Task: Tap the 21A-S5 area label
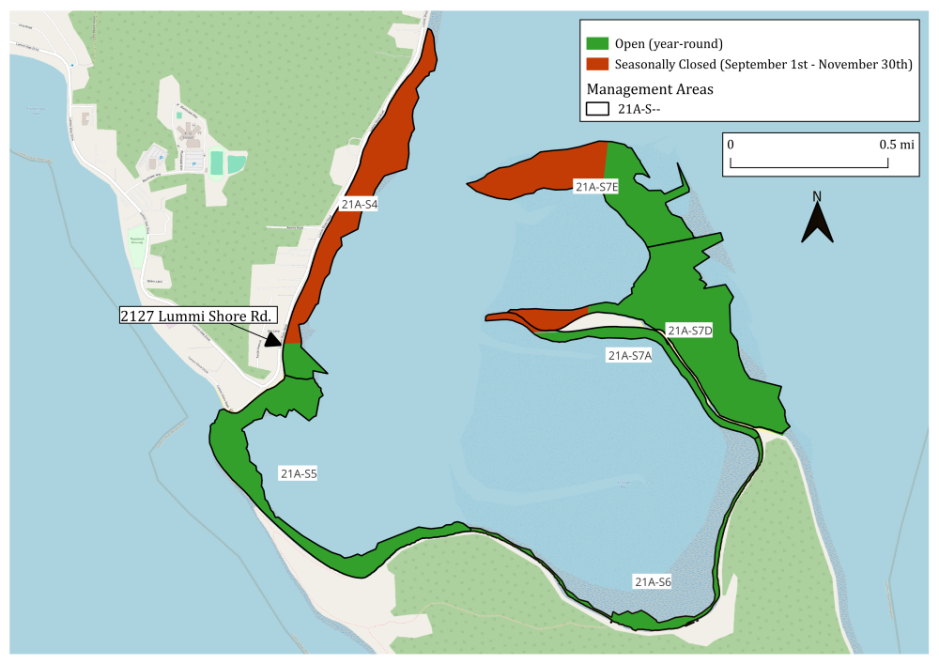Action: [299, 474]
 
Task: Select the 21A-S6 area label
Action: [653, 581]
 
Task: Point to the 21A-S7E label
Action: [596, 187]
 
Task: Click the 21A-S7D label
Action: [690, 330]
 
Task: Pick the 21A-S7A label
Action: [630, 355]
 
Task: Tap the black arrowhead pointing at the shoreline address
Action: [273, 338]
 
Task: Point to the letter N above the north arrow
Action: [817, 196]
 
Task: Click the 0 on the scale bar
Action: [731, 146]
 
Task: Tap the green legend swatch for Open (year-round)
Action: [597, 43]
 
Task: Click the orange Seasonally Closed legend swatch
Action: [597, 65]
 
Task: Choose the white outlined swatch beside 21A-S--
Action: [597, 109]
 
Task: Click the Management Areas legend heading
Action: [650, 89]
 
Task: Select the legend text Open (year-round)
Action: [669, 43]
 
